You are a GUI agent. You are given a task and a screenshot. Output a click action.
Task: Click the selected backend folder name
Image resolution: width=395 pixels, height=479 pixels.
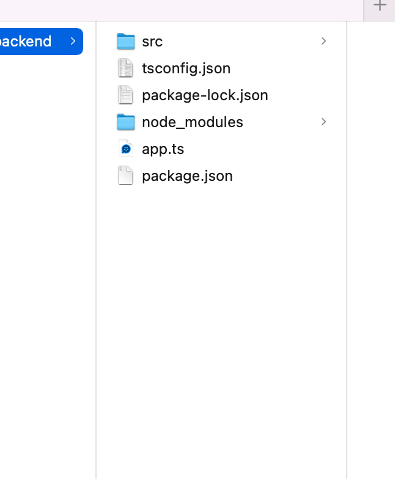[x=26, y=42]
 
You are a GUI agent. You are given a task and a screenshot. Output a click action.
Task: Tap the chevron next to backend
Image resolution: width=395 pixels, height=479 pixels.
[x=73, y=41]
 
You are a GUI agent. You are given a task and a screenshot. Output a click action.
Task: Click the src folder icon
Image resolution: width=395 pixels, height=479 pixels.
[x=125, y=42]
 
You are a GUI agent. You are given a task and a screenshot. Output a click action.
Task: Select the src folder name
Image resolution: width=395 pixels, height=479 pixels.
[x=152, y=42]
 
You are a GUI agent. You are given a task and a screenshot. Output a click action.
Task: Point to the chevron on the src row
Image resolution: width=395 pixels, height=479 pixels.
[x=323, y=41]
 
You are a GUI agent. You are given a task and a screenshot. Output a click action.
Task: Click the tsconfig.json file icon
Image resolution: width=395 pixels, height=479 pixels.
[x=125, y=68]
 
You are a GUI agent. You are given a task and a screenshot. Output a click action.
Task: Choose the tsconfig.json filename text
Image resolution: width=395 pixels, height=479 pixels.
[x=186, y=68]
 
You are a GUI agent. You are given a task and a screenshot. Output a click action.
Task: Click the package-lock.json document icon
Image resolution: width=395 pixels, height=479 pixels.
[x=125, y=95]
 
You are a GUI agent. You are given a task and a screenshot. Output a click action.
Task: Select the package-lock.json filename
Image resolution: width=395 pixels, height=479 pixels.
[x=205, y=95]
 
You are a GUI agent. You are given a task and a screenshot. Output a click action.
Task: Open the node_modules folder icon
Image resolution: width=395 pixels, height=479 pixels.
[x=125, y=122]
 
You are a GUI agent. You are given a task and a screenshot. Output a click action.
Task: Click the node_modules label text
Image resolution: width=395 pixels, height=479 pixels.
[x=192, y=122]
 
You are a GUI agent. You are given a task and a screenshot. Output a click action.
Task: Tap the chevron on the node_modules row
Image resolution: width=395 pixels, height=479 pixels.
[x=323, y=122]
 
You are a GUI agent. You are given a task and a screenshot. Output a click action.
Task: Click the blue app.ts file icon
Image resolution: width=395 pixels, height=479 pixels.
[x=125, y=149]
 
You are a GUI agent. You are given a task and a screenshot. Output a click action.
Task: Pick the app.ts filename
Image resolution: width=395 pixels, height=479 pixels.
[x=163, y=149]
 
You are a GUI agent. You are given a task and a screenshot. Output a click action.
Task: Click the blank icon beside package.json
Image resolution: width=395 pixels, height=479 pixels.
[x=125, y=176]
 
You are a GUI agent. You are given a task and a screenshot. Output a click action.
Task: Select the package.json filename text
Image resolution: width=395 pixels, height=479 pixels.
[x=187, y=176]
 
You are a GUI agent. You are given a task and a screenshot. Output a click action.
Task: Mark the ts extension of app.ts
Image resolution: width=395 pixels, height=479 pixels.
[x=177, y=149]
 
